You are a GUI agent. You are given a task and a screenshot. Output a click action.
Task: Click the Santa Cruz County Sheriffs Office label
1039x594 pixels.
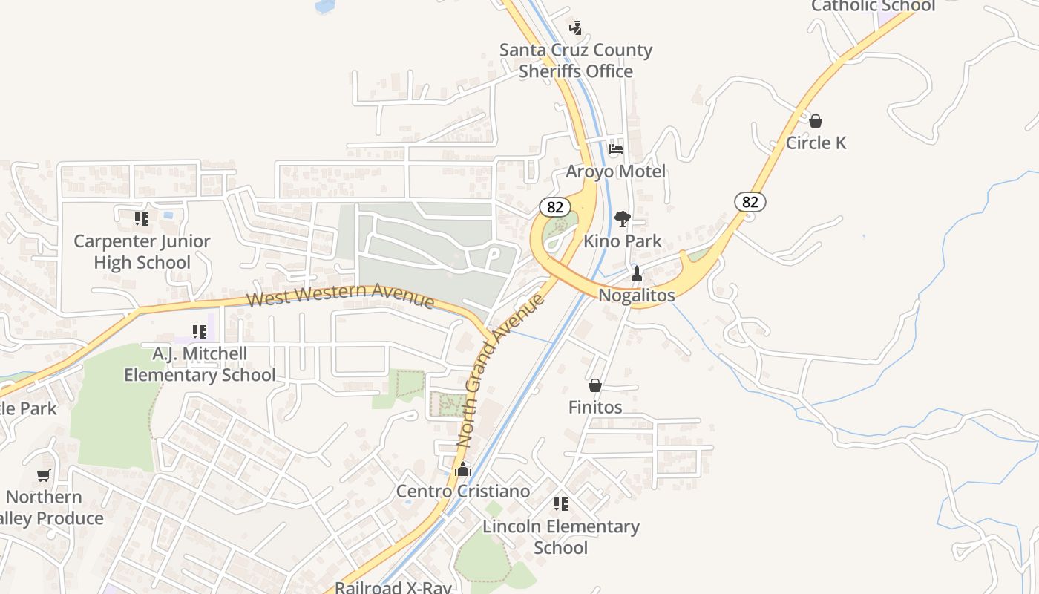[x=575, y=61]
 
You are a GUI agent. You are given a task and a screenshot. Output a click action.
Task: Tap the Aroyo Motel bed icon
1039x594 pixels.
[x=616, y=148]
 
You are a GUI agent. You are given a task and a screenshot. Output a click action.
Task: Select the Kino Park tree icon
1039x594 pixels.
[x=623, y=218]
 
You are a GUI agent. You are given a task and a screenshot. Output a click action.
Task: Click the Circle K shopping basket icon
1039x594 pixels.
[x=816, y=120]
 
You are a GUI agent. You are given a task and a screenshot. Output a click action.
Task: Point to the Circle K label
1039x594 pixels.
[x=816, y=143]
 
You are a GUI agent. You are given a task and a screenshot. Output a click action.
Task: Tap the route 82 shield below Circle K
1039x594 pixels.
[x=750, y=201]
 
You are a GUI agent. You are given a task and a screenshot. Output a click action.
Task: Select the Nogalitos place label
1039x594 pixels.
[x=637, y=296]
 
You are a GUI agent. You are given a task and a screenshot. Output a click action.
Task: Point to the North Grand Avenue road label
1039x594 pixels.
[x=500, y=370]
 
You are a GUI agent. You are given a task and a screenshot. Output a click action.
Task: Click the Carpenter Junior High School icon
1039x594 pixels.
[x=142, y=219]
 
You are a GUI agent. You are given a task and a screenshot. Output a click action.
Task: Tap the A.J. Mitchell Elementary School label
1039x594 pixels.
[x=200, y=365]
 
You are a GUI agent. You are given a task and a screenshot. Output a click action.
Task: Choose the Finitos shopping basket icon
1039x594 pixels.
[x=595, y=385]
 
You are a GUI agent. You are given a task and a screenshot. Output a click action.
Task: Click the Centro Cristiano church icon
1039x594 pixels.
[x=463, y=469]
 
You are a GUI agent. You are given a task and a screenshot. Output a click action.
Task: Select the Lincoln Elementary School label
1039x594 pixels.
[x=561, y=537]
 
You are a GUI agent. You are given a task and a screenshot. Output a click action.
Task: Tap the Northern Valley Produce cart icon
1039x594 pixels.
[x=44, y=475]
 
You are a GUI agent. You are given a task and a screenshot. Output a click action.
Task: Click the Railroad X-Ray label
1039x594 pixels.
[x=393, y=587]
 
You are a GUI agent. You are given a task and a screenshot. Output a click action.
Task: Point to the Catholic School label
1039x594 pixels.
[x=873, y=6]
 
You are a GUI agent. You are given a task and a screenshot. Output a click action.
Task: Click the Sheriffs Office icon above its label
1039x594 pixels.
[x=575, y=28]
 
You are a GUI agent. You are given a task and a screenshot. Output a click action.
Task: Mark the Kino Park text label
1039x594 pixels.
[x=622, y=241]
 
